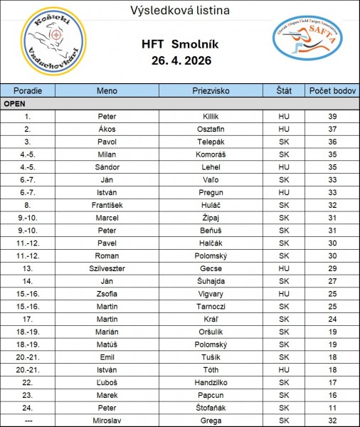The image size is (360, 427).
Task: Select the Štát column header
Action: point(282,91)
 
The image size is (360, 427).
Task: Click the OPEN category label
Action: point(15,103)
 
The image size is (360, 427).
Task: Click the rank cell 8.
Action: point(27,205)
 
